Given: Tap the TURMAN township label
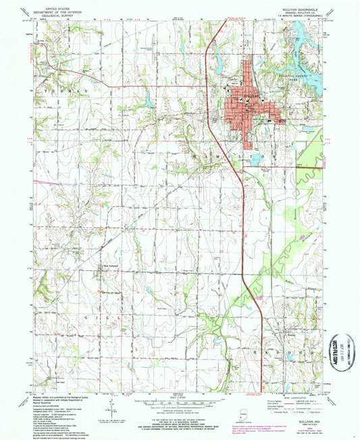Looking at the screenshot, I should point(69,90).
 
